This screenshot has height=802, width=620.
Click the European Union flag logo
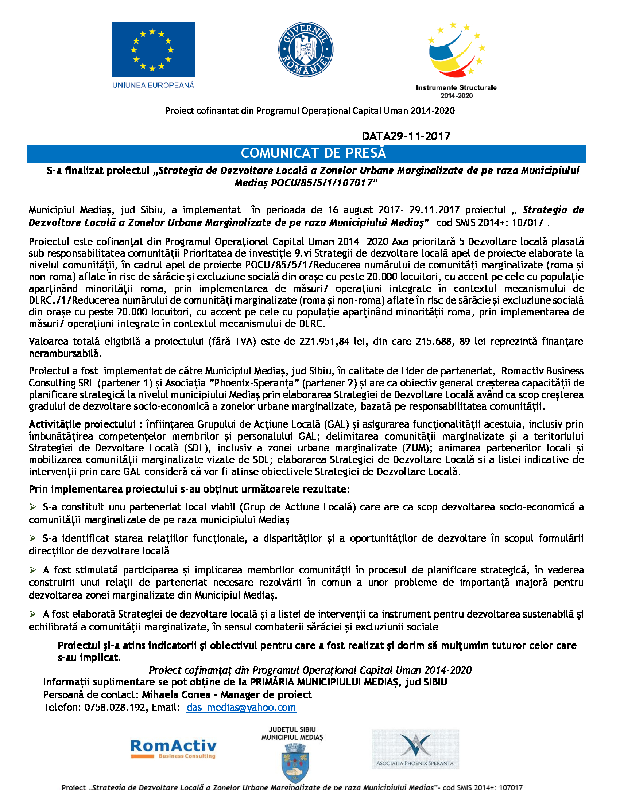pyautogui.click(x=153, y=50)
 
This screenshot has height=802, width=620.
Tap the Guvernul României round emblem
pyautogui.click(x=306, y=49)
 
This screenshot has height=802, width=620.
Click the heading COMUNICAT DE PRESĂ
pyautogui.click(x=313, y=153)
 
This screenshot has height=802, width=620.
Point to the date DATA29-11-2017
pyautogui.click(x=406, y=136)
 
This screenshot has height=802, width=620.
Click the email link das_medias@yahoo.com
pyautogui.click(x=241, y=707)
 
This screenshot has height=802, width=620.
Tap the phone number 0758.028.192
pyautogui.click(x=115, y=707)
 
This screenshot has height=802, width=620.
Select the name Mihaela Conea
pyautogui.click(x=176, y=694)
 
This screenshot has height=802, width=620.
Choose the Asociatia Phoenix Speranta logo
pyautogui.click(x=415, y=749)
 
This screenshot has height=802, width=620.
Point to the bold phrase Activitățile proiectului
pyautogui.click(x=82, y=424)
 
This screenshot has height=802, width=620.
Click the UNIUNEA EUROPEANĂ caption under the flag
pyautogui.click(x=153, y=85)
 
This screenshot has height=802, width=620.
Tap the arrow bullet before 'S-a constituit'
pyautogui.click(x=33, y=507)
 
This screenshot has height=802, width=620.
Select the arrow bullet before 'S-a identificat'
pyautogui.click(x=33, y=538)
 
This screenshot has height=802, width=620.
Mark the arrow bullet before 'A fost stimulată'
pyautogui.click(x=33, y=569)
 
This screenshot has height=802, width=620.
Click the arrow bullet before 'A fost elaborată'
pyautogui.click(x=33, y=614)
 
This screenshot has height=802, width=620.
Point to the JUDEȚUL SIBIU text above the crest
pyautogui.click(x=292, y=729)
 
